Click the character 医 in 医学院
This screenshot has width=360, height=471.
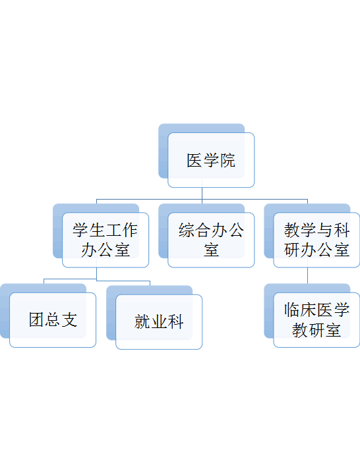tap(195, 161)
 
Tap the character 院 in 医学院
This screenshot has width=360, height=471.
tap(227, 161)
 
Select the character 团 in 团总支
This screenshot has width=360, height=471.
tap(36, 319)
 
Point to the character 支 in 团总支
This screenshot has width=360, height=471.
tap(70, 319)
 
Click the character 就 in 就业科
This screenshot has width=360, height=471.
tap(142, 321)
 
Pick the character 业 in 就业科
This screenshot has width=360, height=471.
tap(159, 321)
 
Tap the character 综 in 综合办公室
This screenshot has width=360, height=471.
tap(187, 231)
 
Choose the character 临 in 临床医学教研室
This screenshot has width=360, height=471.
tap(292, 310)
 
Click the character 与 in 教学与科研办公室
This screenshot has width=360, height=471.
tap(325, 231)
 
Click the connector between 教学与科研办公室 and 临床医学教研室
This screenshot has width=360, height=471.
tap(307, 275)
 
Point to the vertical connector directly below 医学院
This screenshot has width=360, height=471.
tap(202, 193)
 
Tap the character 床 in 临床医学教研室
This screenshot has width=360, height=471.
tap(309, 310)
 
